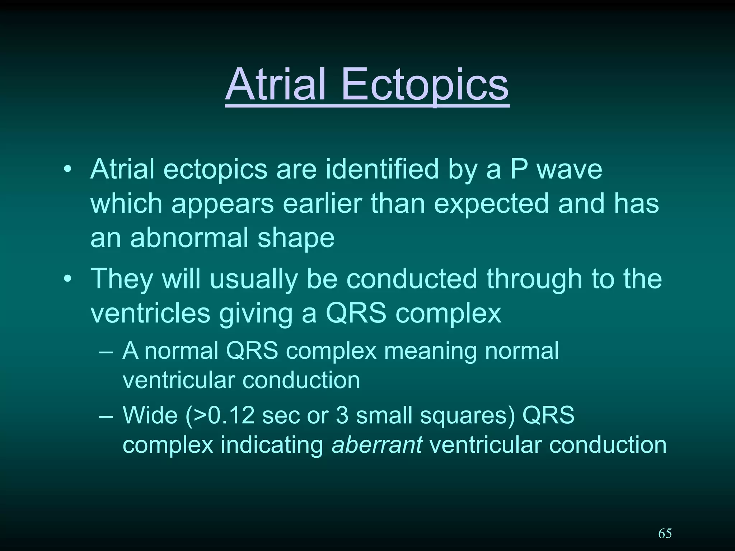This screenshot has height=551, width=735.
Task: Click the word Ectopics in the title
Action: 425,85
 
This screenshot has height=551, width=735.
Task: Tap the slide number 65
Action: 665,534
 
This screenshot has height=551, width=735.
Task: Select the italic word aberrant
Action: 377,445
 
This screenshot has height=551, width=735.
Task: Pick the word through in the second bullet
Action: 534,279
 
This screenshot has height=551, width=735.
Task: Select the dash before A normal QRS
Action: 106,352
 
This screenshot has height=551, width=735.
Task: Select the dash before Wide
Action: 106,416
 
